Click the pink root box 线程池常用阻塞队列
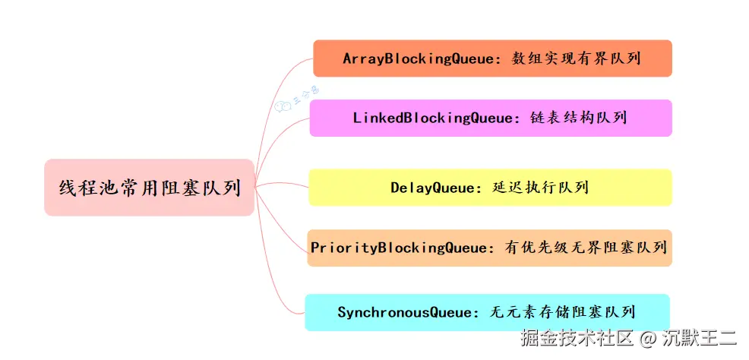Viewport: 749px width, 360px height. click(149, 187)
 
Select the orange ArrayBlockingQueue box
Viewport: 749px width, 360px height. click(492, 58)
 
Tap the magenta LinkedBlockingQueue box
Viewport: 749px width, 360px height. click(491, 118)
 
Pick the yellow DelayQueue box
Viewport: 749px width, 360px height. click(490, 188)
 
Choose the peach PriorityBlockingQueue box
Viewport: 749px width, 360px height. click(489, 248)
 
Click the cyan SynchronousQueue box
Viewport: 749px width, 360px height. click(487, 312)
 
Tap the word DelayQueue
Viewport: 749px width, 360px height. click(431, 188)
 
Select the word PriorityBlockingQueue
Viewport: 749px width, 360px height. click(400, 248)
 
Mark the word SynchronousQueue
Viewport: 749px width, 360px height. click(403, 312)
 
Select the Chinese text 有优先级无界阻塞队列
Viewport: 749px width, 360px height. click(585, 248)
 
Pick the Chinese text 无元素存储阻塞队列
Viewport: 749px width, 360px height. click(563, 312)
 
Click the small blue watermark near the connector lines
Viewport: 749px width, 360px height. click(296, 99)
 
